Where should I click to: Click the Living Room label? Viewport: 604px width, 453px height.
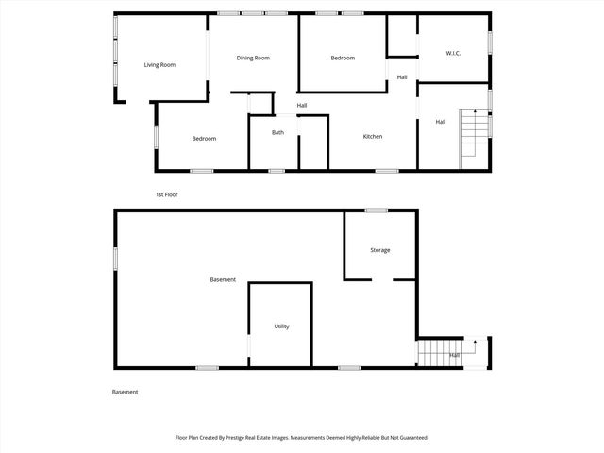159,65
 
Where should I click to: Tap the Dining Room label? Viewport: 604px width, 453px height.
253,59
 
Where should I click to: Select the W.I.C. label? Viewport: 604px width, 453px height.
453,53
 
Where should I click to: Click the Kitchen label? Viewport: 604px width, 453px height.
373,138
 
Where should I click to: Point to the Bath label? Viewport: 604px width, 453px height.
277,132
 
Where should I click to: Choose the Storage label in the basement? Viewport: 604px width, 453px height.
379,250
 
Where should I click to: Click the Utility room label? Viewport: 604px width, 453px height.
281,327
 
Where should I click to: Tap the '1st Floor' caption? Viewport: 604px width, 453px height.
166,194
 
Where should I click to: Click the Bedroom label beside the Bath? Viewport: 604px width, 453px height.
204,139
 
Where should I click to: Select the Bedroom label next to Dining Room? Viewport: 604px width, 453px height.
343,59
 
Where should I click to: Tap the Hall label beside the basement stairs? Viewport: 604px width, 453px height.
455,355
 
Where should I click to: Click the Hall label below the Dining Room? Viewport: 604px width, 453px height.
302,105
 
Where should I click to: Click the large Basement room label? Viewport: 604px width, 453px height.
223,280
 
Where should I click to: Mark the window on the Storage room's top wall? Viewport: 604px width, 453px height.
377,210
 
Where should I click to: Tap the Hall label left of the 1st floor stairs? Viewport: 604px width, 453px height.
440,122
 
